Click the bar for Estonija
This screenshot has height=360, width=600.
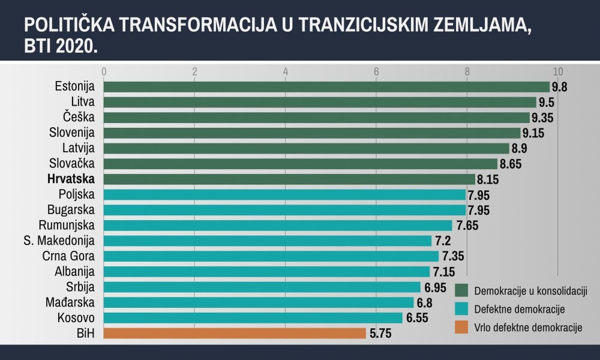(x=326, y=87)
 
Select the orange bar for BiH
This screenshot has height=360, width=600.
(x=235, y=333)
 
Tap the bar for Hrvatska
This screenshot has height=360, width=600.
(x=289, y=179)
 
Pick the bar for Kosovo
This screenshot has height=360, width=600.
(x=253, y=318)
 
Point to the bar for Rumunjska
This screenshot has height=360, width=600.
(x=278, y=226)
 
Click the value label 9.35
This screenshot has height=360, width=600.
(x=542, y=118)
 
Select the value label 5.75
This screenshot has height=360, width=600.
(x=380, y=334)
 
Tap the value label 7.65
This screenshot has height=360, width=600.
(x=467, y=226)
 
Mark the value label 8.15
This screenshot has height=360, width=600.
(x=488, y=179)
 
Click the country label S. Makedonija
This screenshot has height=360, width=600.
(x=59, y=241)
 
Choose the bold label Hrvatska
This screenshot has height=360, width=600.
(x=71, y=179)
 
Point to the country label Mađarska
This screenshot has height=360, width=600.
(x=70, y=302)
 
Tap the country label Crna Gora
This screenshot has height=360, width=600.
(x=68, y=256)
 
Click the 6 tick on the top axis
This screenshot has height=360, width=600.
(x=376, y=71)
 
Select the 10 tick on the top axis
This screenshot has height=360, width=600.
(x=558, y=71)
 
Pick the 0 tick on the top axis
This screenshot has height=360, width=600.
(x=104, y=71)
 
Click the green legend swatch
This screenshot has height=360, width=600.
(x=461, y=290)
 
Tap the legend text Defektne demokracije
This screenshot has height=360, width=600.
(x=519, y=309)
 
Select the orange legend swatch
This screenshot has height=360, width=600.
(x=461, y=327)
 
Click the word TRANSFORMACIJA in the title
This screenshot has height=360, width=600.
(x=198, y=25)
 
